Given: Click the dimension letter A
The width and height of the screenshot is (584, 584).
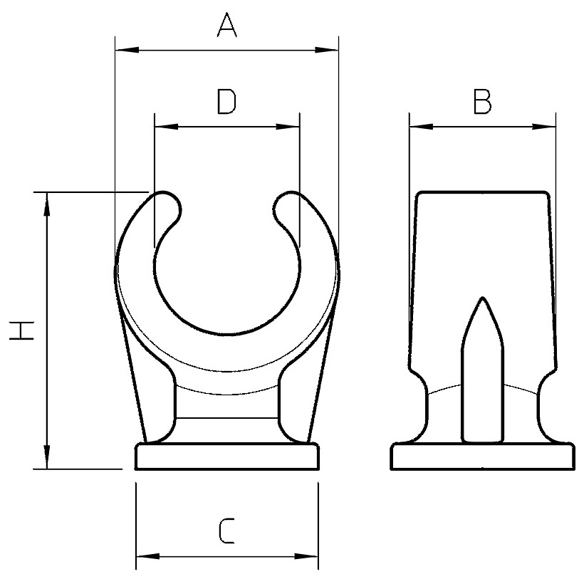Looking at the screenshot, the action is [x=226, y=25].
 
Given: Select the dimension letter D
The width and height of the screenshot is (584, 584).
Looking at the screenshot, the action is [x=226, y=101].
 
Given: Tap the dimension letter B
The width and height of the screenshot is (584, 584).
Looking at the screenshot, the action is [x=482, y=101].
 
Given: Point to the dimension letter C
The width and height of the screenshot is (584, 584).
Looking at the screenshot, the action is [x=226, y=530].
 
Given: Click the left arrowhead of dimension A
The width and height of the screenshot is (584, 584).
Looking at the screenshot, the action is [x=127, y=50].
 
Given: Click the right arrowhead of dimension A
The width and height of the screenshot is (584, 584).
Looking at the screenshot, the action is [x=327, y=50].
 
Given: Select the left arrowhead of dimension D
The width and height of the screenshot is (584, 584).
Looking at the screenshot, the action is [x=167, y=127].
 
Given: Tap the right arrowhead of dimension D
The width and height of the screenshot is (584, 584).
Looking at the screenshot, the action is [x=288, y=127].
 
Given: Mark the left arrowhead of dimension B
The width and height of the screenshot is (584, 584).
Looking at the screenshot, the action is [x=421, y=127].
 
